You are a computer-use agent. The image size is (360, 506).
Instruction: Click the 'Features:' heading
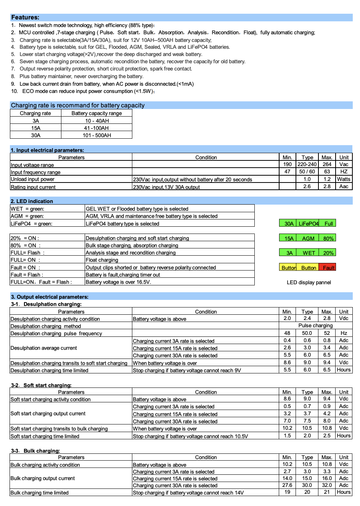click(25, 18)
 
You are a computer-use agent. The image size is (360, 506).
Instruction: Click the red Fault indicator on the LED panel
click(328, 267)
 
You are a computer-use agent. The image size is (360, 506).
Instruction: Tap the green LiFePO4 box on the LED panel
click(308, 224)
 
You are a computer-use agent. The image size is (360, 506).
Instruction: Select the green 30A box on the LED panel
click(289, 224)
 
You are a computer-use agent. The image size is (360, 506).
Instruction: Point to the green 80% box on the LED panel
click(328, 239)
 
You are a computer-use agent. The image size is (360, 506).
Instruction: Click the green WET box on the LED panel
click(309, 253)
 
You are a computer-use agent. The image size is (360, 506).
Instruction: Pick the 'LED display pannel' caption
click(309, 282)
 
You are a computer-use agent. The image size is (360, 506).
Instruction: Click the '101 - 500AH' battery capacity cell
click(97, 135)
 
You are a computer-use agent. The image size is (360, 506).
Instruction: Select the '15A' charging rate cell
click(36, 128)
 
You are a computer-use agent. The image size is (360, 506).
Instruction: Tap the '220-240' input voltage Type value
click(307, 164)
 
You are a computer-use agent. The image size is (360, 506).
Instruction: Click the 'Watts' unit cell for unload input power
click(344, 179)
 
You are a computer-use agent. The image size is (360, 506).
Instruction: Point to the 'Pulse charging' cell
click(315, 326)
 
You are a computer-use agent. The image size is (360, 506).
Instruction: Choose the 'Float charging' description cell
click(102, 260)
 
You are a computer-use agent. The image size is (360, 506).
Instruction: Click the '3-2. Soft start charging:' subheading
click(41, 385)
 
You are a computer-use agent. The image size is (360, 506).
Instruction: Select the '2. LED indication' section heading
click(32, 201)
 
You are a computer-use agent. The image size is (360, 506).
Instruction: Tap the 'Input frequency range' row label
click(35, 172)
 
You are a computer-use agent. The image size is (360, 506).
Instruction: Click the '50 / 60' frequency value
click(307, 171)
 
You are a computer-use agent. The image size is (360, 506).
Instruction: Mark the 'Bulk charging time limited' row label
click(40, 493)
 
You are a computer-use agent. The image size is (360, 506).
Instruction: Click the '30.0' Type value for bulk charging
click(307, 485)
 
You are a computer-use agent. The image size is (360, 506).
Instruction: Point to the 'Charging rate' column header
click(35, 113)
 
